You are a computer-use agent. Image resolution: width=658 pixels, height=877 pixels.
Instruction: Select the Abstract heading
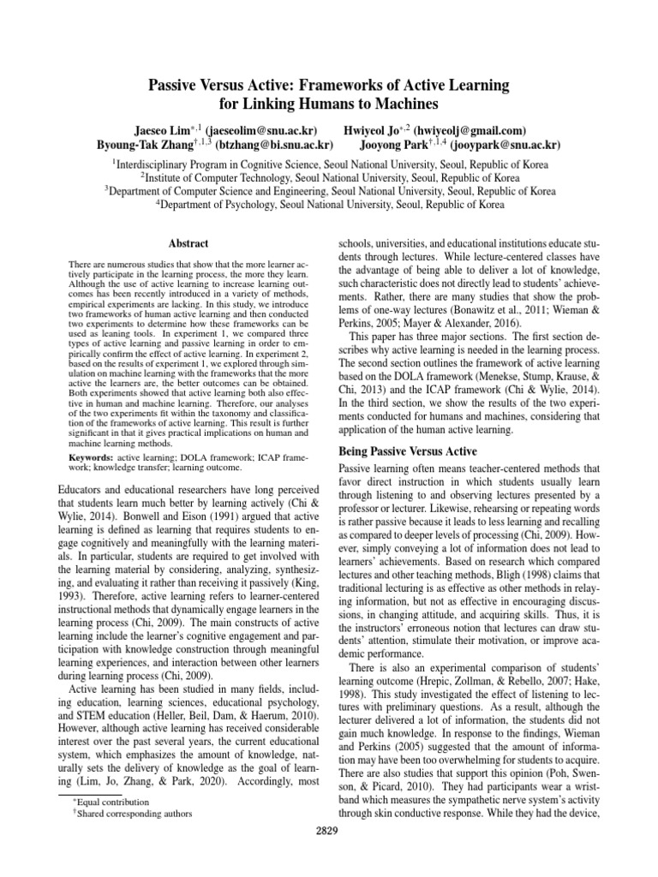pos(189,244)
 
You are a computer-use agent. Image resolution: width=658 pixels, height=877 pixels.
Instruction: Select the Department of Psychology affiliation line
pos(329,205)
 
